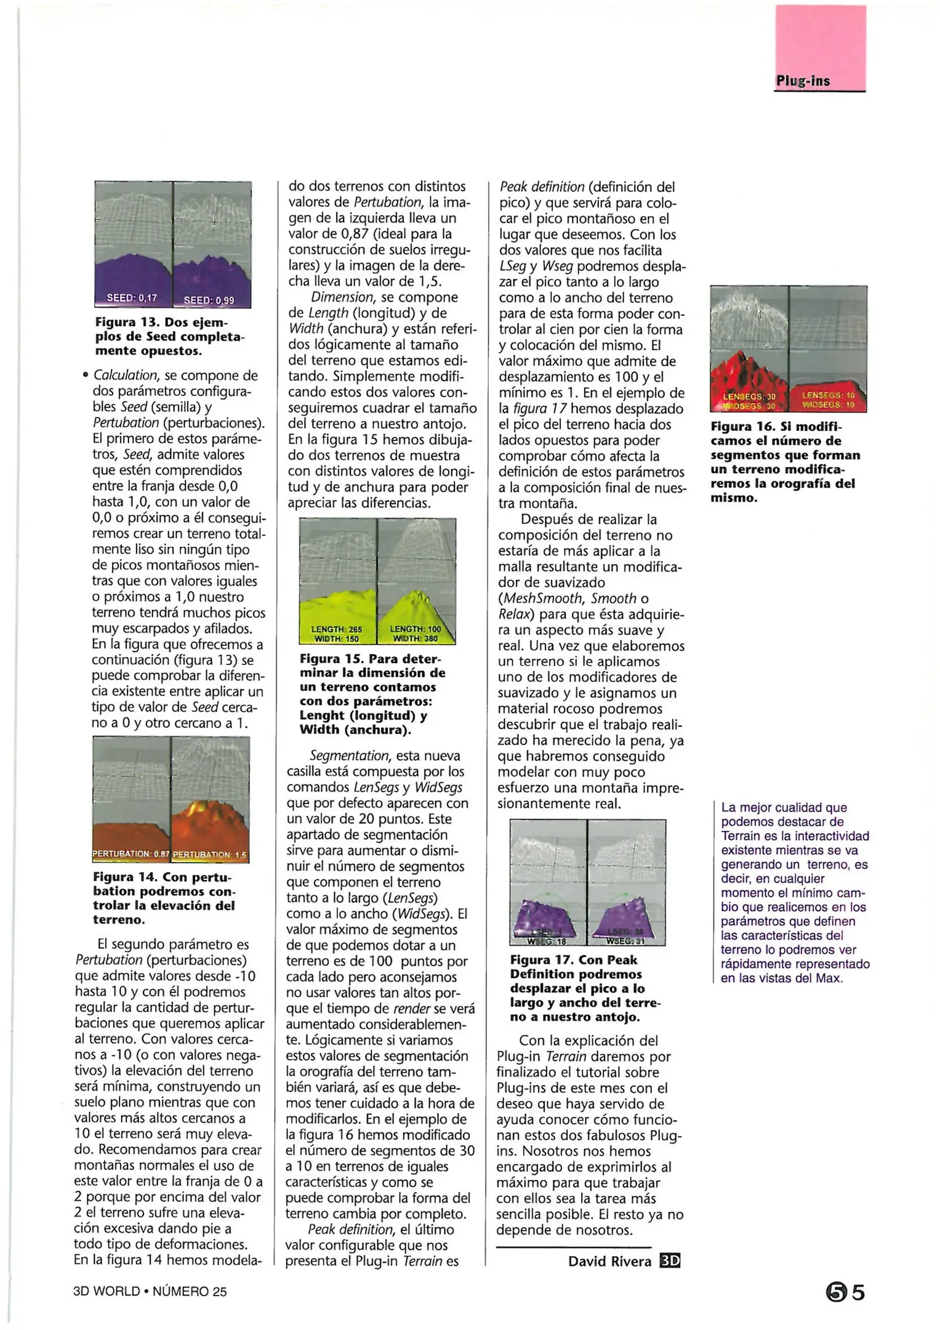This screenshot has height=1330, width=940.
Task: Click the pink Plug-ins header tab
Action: point(820,49)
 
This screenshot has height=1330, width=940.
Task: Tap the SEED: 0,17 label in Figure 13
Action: point(132,298)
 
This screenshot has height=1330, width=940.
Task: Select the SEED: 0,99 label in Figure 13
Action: point(209,300)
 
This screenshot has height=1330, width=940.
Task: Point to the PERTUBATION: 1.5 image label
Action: point(210,855)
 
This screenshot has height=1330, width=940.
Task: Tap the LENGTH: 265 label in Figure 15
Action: point(337,630)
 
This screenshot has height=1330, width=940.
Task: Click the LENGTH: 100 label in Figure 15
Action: point(416,629)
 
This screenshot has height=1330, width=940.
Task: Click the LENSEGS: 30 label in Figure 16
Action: point(749,397)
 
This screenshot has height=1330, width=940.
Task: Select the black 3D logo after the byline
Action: point(670,1261)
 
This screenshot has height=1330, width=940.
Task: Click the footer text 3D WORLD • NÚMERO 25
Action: point(150,1291)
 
